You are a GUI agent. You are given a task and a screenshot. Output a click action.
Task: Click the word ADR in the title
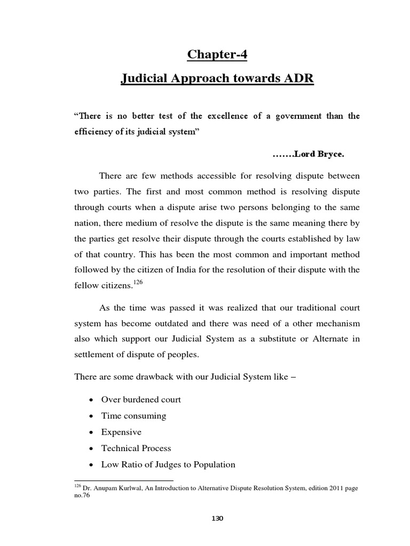(x=297, y=79)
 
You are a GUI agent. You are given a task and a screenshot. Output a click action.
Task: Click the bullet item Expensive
(x=121, y=432)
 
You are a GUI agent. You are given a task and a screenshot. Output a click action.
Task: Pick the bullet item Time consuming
(x=134, y=415)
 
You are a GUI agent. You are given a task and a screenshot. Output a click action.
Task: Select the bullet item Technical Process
(x=136, y=448)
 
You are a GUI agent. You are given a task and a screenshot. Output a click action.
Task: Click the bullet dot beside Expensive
(x=93, y=432)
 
